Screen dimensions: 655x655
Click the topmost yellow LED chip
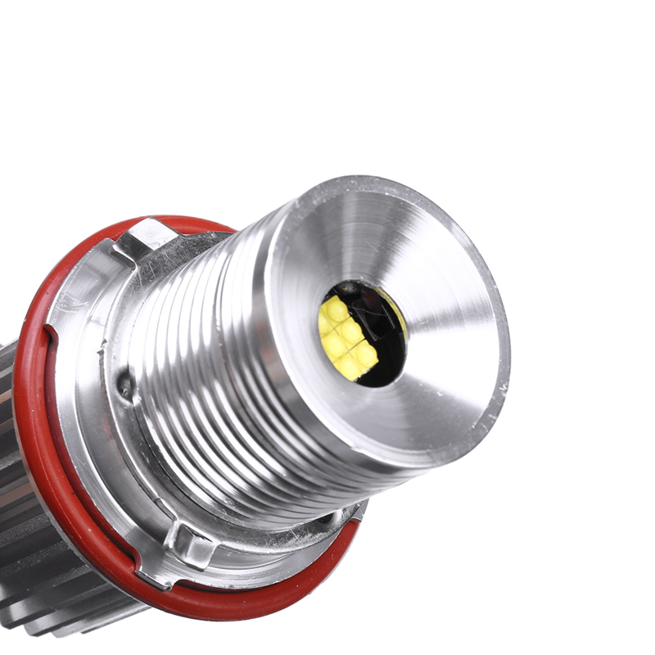tap(336, 309)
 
